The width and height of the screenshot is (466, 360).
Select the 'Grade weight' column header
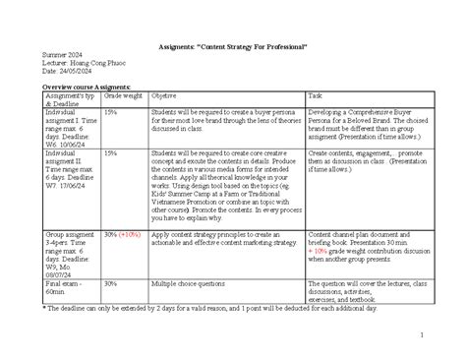pyautogui.click(x=124, y=95)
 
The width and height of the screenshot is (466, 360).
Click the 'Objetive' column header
pyautogui.click(x=164, y=95)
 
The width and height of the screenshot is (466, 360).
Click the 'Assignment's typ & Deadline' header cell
pyautogui.click(x=68, y=99)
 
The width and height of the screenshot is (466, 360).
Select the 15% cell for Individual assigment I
pyautogui.click(x=111, y=112)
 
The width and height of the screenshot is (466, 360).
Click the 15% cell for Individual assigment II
pyautogui.click(x=111, y=153)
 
